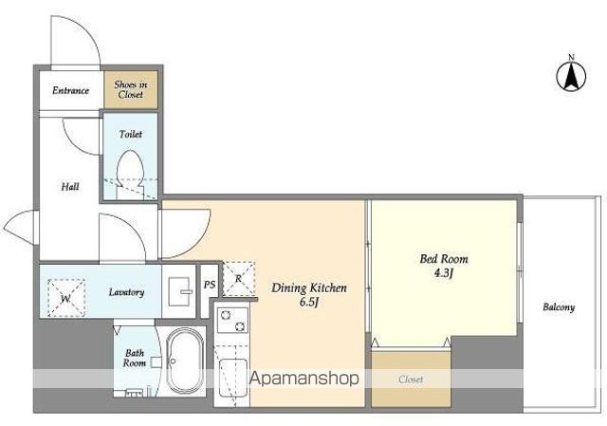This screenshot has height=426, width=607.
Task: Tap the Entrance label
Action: pyautogui.click(x=71, y=91)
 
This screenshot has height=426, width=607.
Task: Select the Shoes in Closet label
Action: pyautogui.click(x=131, y=89)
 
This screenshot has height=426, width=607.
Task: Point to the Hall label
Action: pyautogui.click(x=70, y=187)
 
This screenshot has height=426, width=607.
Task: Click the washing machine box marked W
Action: pyautogui.click(x=66, y=298)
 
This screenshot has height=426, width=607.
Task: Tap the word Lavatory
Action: pyautogui.click(x=126, y=292)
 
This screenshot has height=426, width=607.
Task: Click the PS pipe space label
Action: pyautogui.click(x=210, y=285)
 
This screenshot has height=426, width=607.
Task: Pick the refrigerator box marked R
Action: pyautogui.click(x=239, y=278)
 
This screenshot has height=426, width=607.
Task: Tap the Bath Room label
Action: pyautogui.click(x=135, y=359)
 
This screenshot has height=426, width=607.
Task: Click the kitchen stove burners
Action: pyautogui.click(x=232, y=321)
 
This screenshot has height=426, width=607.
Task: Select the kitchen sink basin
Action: pyautogui.click(x=233, y=378)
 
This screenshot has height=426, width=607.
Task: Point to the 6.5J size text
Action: pyautogui.click(x=309, y=302)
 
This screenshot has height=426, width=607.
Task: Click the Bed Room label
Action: pyautogui.click(x=444, y=259)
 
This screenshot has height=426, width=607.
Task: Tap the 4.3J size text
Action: pyautogui.click(x=444, y=273)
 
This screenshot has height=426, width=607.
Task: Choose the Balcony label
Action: pyautogui.click(x=559, y=307)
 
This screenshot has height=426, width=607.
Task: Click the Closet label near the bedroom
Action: pyautogui.click(x=411, y=380)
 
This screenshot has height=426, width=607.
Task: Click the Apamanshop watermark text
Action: pyautogui.click(x=304, y=378)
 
